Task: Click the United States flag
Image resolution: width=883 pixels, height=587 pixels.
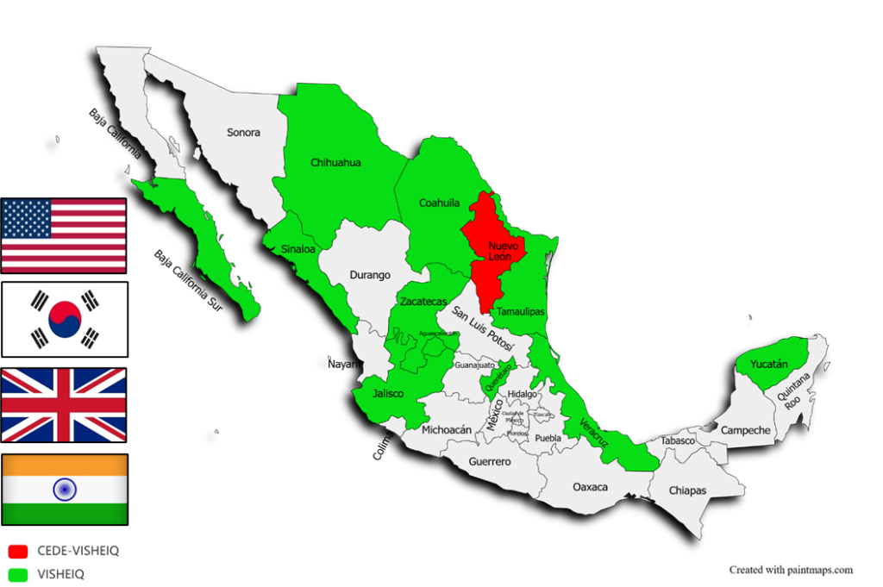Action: (64, 235)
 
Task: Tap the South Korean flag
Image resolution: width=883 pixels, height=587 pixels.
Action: (65, 319)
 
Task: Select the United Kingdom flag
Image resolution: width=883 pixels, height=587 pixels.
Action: (64, 405)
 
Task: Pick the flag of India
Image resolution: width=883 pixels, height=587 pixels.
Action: (65, 490)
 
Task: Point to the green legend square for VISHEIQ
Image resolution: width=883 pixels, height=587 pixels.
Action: (17, 573)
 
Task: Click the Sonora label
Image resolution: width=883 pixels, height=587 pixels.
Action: (243, 133)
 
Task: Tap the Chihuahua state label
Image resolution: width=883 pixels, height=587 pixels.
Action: (335, 162)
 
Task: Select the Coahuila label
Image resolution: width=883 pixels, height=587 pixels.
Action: (439, 203)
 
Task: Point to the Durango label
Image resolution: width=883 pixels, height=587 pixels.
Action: (370, 276)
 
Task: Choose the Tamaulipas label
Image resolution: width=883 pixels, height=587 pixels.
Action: (520, 311)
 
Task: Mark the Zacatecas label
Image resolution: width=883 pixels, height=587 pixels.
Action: (423, 302)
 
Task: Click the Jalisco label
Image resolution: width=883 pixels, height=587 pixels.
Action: (388, 393)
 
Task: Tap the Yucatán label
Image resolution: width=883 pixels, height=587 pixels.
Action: (768, 365)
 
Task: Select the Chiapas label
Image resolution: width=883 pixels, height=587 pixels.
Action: (688, 490)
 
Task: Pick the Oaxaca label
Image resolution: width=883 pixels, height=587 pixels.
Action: (590, 487)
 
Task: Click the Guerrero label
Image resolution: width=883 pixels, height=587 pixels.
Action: (490, 462)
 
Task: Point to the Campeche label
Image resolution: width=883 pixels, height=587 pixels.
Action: (745, 430)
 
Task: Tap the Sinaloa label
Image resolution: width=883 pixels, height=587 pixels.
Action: (298, 249)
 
